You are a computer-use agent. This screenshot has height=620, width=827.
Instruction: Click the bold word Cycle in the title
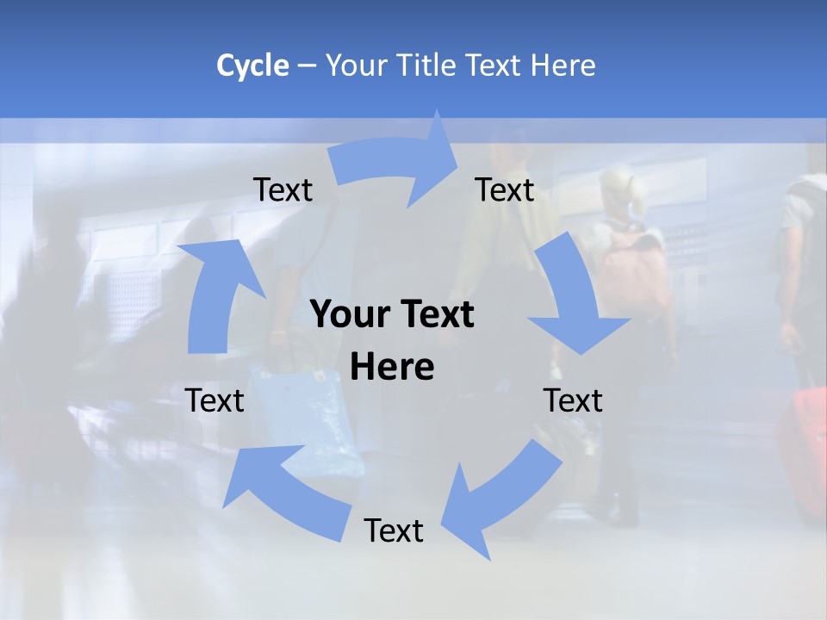(x=252, y=65)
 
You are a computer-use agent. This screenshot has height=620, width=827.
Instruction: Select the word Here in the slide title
(x=563, y=65)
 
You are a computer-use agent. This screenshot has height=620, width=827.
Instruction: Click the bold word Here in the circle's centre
(x=392, y=368)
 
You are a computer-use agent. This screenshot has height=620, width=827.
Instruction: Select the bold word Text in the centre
(x=436, y=315)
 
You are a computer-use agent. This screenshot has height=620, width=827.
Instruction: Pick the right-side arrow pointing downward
(x=573, y=298)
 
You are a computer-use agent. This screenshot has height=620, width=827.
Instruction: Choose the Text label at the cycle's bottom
(x=394, y=530)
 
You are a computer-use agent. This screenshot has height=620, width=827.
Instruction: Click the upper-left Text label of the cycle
(x=283, y=189)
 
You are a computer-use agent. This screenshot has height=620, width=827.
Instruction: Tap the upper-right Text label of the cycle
(x=505, y=189)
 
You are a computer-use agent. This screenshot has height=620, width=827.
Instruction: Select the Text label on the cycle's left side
(x=215, y=400)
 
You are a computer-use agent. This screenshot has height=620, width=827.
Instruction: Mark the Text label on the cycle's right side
(x=573, y=400)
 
